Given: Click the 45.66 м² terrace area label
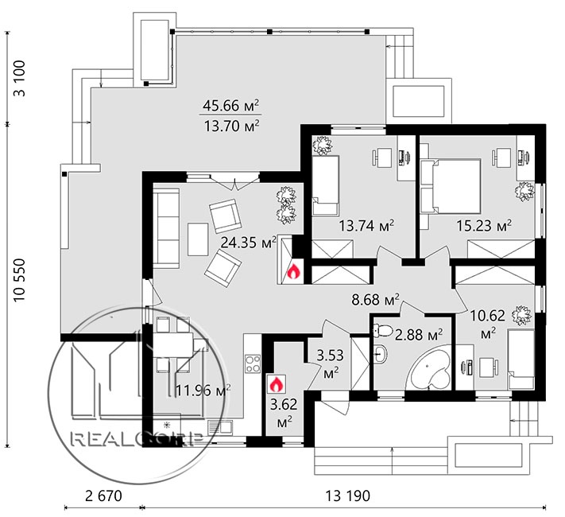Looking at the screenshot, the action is coord(230,106).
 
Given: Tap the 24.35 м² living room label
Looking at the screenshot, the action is coord(248,243).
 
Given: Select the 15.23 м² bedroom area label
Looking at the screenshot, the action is coord(484,226).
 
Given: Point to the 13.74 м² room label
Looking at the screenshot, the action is coord(366,226).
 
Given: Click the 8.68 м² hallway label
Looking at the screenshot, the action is coord(375,299).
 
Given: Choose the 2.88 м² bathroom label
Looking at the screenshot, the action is coord(419,335).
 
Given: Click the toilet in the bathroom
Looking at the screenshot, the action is coord(383,330).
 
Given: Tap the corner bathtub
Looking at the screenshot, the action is coord(430,368).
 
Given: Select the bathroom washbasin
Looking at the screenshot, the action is coord(381,354).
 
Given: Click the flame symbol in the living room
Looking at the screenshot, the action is coord(293,271).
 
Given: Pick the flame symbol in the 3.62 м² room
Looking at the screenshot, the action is coord(276,384).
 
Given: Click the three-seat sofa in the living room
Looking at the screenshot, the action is coord(166,228).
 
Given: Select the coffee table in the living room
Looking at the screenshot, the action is coord(197,239).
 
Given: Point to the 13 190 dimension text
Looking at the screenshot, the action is coord(348,496).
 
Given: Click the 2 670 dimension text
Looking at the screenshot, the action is coord(104,496).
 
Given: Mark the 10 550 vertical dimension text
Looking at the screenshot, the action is coord(19,280).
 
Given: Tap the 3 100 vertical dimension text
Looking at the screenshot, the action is coord(19,78).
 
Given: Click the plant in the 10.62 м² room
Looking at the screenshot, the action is coord(521,315).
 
